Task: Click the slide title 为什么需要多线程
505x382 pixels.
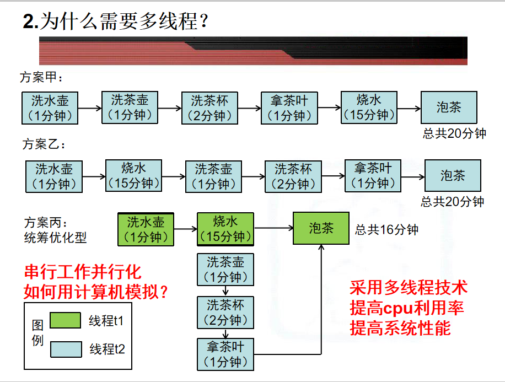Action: pos(116,22)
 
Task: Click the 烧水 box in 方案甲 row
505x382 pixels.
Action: pos(369,107)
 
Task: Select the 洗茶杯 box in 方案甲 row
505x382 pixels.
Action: pos(209,108)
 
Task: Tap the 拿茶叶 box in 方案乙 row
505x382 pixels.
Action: pos(373,176)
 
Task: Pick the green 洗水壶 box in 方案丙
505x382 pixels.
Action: pos(146,229)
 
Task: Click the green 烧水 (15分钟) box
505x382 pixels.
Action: pos(225,229)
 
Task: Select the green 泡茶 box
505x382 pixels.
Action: pos(321,228)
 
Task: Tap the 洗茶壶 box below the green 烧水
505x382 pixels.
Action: pos(225,269)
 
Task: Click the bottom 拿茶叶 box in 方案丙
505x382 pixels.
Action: pos(225,354)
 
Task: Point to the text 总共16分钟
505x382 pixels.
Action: pos(386,230)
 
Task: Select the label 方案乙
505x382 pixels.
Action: pos(44,145)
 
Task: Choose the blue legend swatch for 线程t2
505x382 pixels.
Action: pos(65,349)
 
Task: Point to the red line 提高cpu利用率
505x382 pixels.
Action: pos(407,308)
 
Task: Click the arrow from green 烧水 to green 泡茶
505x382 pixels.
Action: pos(273,228)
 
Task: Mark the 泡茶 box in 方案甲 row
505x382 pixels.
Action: pos(449,107)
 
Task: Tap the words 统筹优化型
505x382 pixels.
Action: pos(55,238)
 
